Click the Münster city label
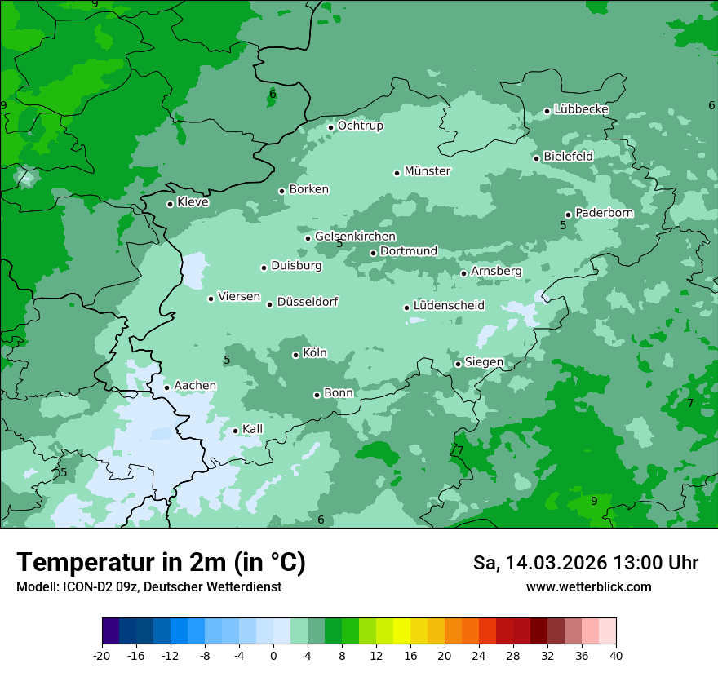(x=427, y=171)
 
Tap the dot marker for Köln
(x=295, y=355)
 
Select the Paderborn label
(x=604, y=213)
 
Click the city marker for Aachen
(x=166, y=387)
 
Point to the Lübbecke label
(x=581, y=109)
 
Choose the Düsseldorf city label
(x=307, y=302)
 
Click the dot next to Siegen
(x=458, y=364)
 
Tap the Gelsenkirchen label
(x=355, y=237)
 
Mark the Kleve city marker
(x=170, y=204)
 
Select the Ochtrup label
(x=360, y=126)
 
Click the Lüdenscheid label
(x=449, y=306)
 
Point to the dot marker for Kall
(x=235, y=431)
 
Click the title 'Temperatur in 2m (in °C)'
(x=161, y=563)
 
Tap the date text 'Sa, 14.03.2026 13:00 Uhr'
(x=585, y=563)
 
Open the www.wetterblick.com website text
(x=588, y=586)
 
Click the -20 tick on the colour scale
(x=102, y=655)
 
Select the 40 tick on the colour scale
(x=616, y=655)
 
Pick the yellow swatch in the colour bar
(x=401, y=631)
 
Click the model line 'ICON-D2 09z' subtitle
(x=148, y=586)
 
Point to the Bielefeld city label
(x=568, y=156)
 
